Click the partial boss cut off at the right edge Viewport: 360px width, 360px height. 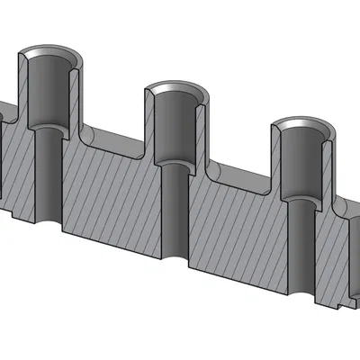click(354, 261)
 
